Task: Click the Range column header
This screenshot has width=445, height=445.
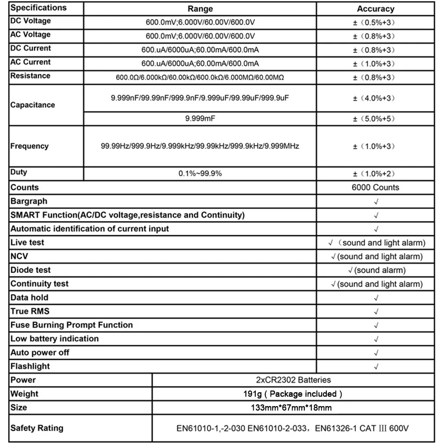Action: coord(200,9)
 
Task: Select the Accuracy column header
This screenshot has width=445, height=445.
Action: coord(375,9)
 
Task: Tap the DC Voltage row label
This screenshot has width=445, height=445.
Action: coord(30,21)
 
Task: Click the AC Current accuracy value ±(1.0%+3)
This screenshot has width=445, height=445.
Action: coord(374,64)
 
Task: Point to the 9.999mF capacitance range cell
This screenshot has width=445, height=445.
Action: coord(200,118)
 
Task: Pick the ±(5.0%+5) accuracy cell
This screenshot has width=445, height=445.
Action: coord(374,118)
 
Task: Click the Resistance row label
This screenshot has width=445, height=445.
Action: coord(30,76)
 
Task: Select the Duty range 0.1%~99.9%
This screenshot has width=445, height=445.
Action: coord(200,174)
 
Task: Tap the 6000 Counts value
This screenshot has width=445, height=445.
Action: coord(375,188)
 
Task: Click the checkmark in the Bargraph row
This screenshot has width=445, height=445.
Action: coord(376,202)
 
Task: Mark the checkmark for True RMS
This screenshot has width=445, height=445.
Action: coord(376,311)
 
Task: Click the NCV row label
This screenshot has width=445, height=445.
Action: coord(19,256)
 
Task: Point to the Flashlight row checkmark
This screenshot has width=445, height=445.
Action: coord(376,367)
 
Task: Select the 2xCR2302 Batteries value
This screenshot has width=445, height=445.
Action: coord(293,380)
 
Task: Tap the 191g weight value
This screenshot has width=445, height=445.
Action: coord(293,394)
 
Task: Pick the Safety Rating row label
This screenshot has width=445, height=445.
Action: coord(37,428)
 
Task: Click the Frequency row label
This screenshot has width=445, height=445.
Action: coord(29,146)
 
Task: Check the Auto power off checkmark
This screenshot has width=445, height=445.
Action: coord(376,353)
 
